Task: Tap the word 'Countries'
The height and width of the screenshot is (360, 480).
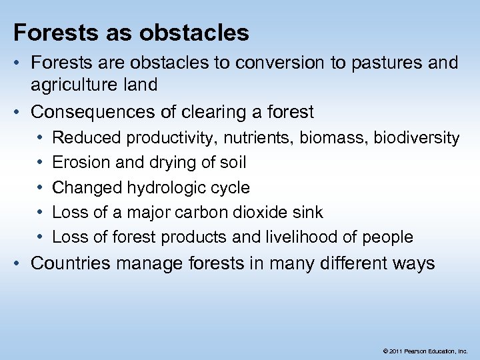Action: pyautogui.click(x=70, y=263)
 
